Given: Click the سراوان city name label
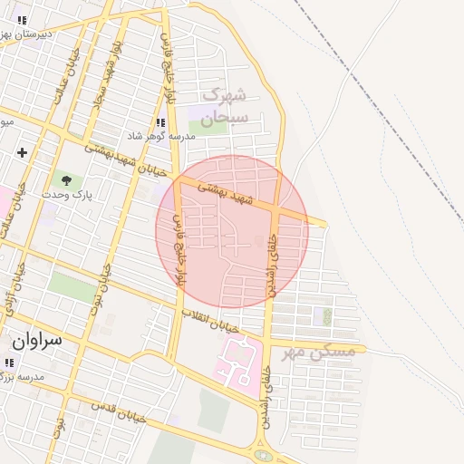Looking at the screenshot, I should coord(36,341).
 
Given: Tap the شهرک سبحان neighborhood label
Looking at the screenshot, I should coord(224,106).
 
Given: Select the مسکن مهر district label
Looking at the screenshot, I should coord(314,351).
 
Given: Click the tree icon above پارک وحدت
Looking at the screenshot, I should coord(65,179).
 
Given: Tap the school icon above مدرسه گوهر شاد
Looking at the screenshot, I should coord(160,122).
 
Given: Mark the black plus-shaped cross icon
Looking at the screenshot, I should coord(22,152).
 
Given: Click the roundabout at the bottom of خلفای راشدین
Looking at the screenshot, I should coord(263,455).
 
